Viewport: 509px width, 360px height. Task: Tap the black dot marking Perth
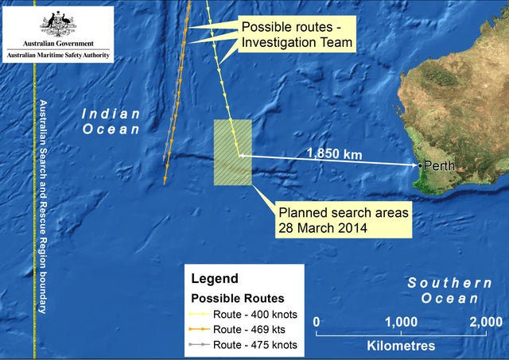pyautogui.click(x=421, y=165)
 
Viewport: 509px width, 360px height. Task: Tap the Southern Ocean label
pyautogui.click(x=449, y=290)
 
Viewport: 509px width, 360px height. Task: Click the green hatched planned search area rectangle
pyautogui.click(x=233, y=153)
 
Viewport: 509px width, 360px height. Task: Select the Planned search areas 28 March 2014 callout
pyautogui.click(x=342, y=220)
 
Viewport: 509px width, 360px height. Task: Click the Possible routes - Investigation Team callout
pyautogui.click(x=296, y=34)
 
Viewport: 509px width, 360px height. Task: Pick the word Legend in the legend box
pyautogui.click(x=214, y=279)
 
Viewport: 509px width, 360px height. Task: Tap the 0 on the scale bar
pyautogui.click(x=317, y=321)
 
